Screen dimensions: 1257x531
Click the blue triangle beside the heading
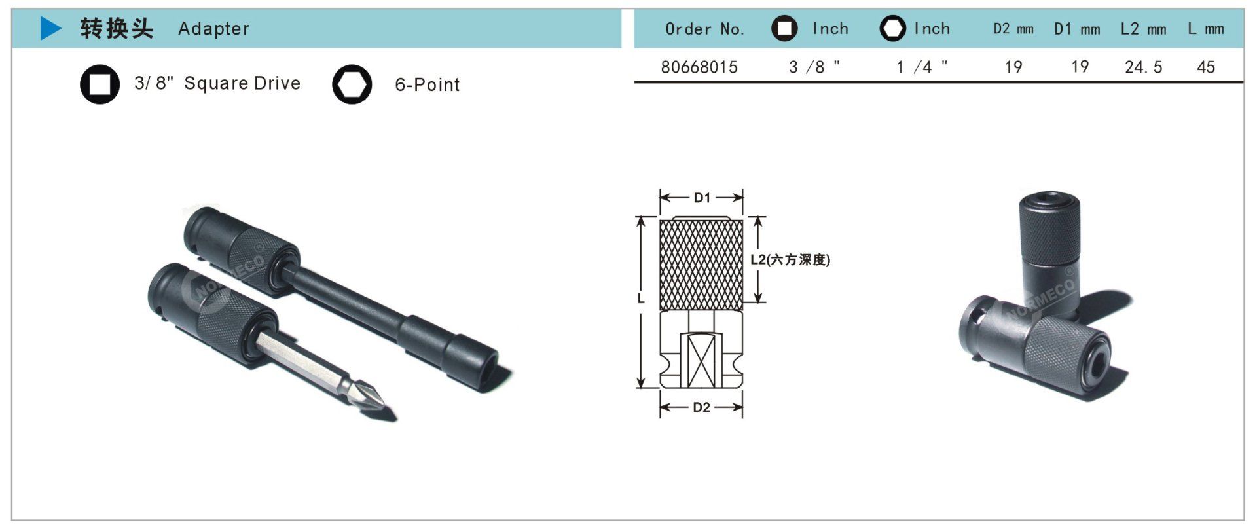coord(50,28)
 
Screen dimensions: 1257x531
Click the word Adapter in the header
coord(214,29)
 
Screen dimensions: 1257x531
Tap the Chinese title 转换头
coord(117,29)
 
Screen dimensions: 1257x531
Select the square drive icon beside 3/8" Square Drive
coord(100,84)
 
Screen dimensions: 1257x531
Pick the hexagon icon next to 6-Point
coord(352,84)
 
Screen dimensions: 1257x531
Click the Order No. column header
coord(704,29)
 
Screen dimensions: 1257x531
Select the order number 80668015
coord(699,67)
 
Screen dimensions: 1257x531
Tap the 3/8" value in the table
coord(814,67)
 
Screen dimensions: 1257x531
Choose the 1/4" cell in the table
coord(922,67)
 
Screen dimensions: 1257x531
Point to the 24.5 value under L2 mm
coord(1143,67)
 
